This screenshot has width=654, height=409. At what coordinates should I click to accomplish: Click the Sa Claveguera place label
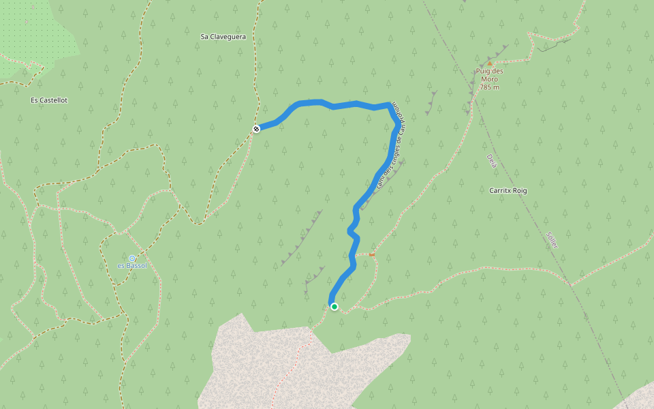click(x=223, y=36)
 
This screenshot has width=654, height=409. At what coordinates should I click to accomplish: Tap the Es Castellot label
click(x=49, y=100)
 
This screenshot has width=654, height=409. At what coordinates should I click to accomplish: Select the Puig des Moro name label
click(x=489, y=75)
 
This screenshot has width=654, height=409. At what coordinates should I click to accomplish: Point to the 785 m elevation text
click(x=489, y=87)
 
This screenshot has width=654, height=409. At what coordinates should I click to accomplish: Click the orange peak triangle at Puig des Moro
click(x=489, y=63)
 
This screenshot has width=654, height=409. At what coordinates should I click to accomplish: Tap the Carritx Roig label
click(x=508, y=191)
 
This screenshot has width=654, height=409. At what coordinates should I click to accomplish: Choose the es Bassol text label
click(x=132, y=265)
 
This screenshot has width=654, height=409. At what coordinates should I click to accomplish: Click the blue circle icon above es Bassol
click(x=132, y=258)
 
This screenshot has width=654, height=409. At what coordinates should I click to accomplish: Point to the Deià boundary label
click(x=492, y=162)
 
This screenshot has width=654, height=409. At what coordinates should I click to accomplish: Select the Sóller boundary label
click(x=552, y=239)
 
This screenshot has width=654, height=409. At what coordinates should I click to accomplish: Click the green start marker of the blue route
click(x=334, y=307)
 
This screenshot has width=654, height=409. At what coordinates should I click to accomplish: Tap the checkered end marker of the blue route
click(x=256, y=128)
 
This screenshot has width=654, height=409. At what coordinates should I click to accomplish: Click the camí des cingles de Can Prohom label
click(x=390, y=153)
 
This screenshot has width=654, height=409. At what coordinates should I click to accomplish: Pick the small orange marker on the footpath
click(x=372, y=254)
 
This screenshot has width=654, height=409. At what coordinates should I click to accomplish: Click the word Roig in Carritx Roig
click(x=519, y=191)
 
